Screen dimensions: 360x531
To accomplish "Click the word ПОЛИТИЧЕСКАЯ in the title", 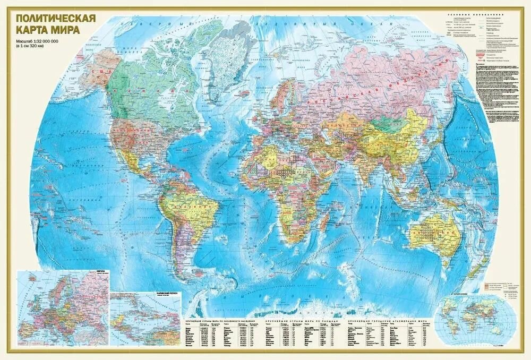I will (x=56, y=18).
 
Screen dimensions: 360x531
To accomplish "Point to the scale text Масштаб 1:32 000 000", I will (x=45, y=41).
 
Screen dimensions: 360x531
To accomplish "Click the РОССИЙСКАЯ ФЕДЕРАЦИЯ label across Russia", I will (x=372, y=90).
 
